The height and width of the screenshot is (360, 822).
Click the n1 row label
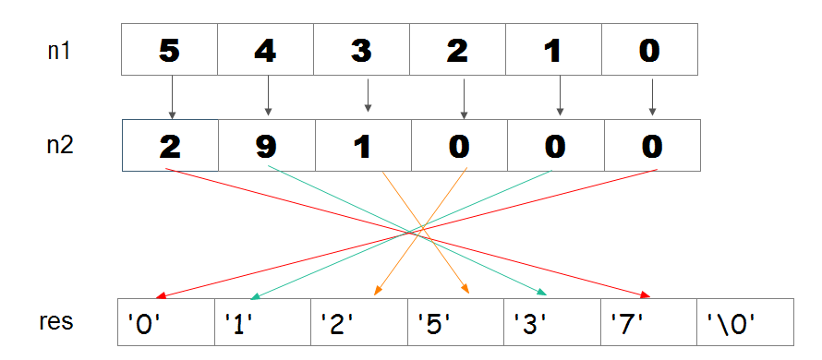click(x=59, y=50)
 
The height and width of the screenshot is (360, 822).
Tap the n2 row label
click(x=59, y=146)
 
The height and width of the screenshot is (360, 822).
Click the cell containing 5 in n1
click(x=170, y=50)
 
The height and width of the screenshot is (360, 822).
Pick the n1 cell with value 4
click(x=266, y=50)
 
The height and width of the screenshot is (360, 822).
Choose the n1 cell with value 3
click(x=362, y=50)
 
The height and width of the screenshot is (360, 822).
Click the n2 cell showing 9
click(x=266, y=146)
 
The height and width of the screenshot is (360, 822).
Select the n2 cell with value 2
click(x=170, y=146)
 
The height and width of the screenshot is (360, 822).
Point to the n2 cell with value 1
click(x=362, y=146)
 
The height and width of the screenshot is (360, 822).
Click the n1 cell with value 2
click(x=458, y=50)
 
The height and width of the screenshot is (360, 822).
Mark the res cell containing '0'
click(x=166, y=322)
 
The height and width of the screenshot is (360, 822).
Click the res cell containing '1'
click(x=262, y=322)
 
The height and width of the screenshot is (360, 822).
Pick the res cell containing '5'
click(x=455, y=322)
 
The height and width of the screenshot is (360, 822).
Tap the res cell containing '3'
click(x=551, y=322)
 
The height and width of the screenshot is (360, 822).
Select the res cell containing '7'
click(x=647, y=322)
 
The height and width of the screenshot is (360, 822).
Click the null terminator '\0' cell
click(x=744, y=322)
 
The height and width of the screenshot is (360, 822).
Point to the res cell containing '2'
click(x=358, y=322)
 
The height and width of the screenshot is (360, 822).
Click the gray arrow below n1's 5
click(x=171, y=97)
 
